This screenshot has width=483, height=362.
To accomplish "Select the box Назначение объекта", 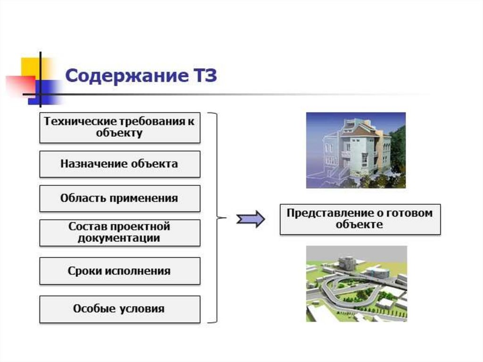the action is pyautogui.click(x=119, y=164).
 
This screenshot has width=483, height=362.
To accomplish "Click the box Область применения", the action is pyautogui.click(x=119, y=198).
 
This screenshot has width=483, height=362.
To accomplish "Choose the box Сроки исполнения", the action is pyautogui.click(x=119, y=271).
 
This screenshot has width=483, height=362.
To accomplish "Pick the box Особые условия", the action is pyautogui.click(x=119, y=309).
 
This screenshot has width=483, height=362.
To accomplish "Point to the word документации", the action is pyautogui.click(x=119, y=238).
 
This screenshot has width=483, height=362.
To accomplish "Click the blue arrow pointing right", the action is pyautogui.click(x=250, y=219).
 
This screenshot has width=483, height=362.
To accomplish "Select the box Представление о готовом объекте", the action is pyautogui.click(x=360, y=219).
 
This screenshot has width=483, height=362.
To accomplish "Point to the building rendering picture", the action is pyautogui.click(x=356, y=150).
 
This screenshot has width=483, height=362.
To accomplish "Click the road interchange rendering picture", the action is pyautogui.click(x=356, y=284).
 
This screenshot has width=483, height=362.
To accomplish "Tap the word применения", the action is pyautogui.click(x=144, y=198).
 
